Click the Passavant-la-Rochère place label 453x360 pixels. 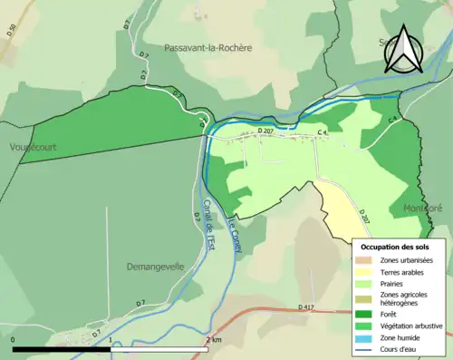click(x=208, y=47)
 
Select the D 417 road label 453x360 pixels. click(x=308, y=308)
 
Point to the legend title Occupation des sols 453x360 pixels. click(x=395, y=246)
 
